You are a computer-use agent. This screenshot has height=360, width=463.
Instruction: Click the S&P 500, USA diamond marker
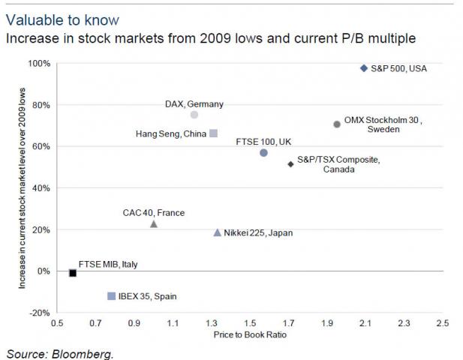364,68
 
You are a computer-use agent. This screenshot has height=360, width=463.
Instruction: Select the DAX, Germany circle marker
194,115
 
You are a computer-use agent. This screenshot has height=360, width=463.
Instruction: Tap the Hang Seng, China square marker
214,133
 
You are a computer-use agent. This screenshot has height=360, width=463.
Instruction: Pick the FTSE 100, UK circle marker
263,153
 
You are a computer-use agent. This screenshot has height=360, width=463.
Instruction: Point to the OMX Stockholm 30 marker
337,124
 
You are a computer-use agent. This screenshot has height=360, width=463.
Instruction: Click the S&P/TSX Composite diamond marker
290,163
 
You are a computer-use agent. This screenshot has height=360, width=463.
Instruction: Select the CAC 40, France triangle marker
154,223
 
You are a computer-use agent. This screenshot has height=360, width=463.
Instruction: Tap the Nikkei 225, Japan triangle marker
218,232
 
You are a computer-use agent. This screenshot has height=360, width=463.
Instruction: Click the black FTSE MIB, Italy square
73,273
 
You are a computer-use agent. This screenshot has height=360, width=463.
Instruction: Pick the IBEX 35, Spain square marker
111,296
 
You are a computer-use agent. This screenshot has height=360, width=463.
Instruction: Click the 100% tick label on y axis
40,64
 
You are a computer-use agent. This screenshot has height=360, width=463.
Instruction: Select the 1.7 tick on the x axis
289,324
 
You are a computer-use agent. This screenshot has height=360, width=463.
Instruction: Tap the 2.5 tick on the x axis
442,324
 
